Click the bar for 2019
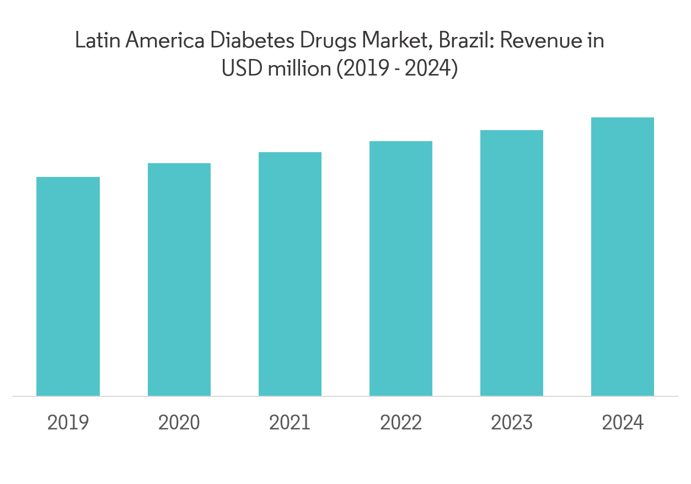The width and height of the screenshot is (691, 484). [68, 287]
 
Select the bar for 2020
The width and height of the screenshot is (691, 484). [179, 279]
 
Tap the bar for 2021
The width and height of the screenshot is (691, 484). [290, 274]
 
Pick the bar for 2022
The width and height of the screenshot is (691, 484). [401, 268]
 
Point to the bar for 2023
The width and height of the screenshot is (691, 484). [512, 263]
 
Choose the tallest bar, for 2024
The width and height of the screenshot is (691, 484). [623, 257]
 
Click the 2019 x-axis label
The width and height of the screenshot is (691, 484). [68, 423]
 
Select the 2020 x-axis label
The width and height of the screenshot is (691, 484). [179, 423]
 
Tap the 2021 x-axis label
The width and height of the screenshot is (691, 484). [290, 423]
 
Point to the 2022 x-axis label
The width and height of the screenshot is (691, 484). [401, 423]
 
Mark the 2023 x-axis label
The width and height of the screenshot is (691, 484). [512, 423]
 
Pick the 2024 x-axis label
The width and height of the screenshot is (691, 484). [623, 423]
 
